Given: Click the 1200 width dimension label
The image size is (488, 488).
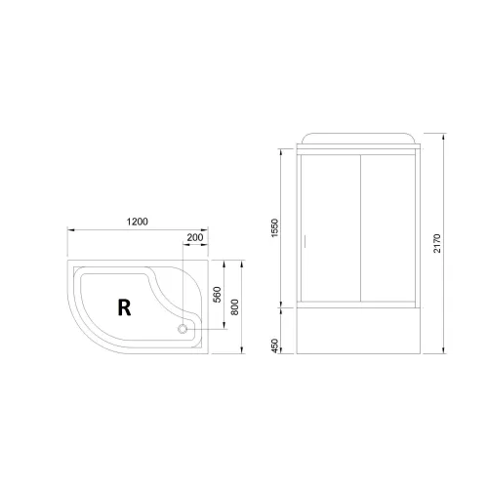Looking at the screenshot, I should (137, 222).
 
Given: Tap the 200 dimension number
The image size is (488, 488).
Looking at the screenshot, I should (195, 238).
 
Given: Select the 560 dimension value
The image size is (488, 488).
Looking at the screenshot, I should (220, 293).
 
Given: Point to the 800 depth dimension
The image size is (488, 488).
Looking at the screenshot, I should (235, 307).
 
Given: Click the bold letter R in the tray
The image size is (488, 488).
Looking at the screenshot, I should (124, 308).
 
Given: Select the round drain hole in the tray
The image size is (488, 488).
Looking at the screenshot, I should (181, 329).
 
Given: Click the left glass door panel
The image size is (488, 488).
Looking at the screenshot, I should (329, 229).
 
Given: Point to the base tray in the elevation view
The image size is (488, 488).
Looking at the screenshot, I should (360, 333).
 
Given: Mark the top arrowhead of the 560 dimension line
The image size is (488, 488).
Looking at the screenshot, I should (224, 263).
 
